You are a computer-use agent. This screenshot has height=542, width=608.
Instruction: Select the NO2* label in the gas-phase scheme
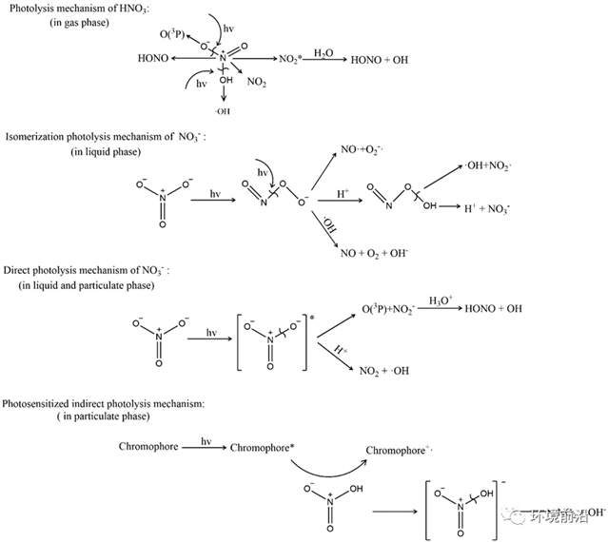[x=290, y=59]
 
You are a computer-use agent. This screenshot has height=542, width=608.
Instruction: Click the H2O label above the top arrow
[x=324, y=49]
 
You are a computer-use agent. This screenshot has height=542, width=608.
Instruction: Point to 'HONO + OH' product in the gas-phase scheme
[x=381, y=59]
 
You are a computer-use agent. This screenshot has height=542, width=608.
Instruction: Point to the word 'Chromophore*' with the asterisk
[x=264, y=446]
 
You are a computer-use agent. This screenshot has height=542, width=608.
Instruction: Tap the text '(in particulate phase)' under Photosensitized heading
[x=101, y=417]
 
